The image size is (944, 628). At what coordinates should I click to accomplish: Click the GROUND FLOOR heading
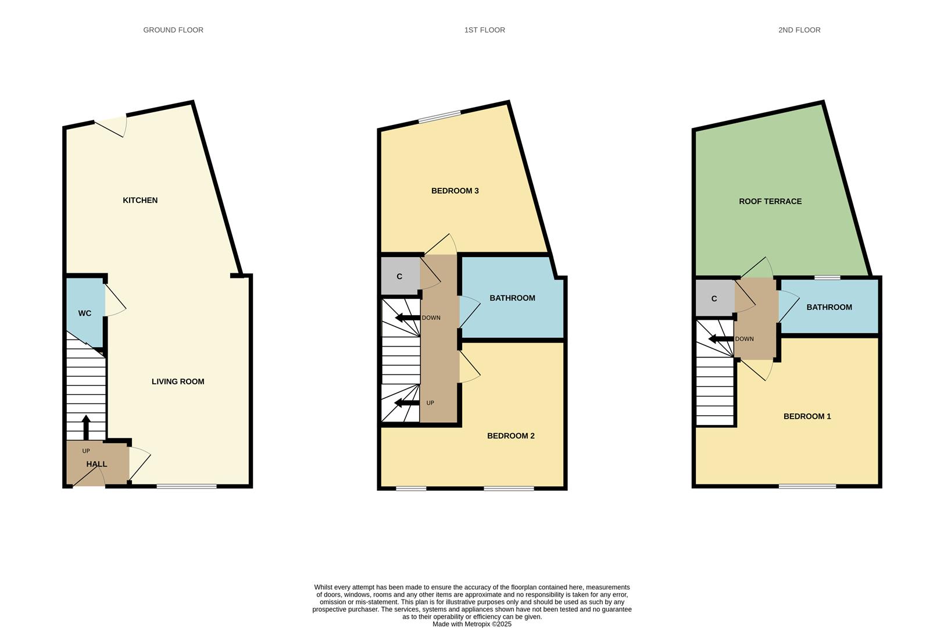173,30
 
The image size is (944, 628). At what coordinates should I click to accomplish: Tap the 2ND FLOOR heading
799,30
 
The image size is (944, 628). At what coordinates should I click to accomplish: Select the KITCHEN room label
140,200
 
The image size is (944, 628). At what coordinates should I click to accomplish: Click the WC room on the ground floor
85,313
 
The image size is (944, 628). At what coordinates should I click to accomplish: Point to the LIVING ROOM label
178,381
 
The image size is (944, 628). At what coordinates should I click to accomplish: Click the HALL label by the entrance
96,464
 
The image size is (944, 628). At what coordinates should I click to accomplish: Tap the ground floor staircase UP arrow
86,427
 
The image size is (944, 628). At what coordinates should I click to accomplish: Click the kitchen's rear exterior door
110,124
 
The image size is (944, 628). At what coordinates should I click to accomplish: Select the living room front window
187,486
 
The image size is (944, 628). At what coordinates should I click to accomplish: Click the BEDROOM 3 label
455,191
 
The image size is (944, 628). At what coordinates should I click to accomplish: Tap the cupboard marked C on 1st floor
399,276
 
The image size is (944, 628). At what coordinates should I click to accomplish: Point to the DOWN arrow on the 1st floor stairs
407,317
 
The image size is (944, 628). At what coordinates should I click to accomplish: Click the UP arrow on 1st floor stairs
407,403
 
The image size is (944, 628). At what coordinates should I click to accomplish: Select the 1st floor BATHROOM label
512,298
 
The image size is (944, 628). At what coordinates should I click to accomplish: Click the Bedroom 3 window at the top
439,117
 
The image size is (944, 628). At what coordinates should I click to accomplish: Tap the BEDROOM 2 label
510,436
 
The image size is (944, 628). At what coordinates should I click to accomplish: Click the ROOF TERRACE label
770,201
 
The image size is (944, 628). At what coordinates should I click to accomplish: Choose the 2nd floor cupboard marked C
714,298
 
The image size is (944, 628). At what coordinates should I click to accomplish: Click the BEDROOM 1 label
807,416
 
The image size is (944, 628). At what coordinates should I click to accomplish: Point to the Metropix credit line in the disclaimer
471,624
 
